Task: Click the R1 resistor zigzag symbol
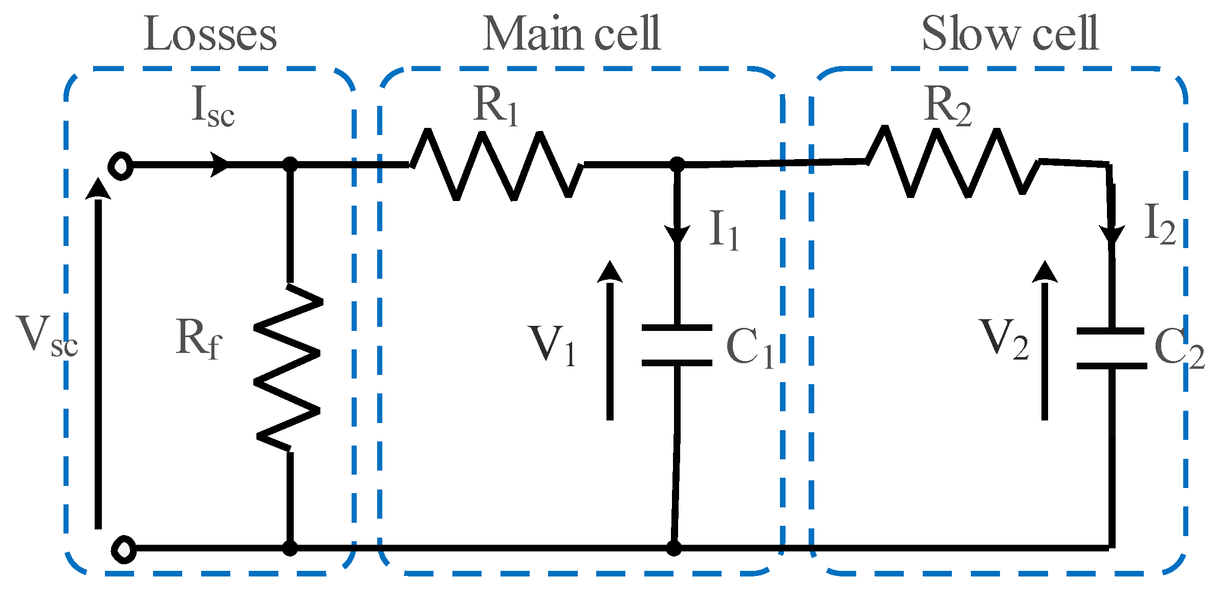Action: tap(496, 165)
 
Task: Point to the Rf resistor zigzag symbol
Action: tap(288, 367)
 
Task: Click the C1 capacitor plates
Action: tap(677, 345)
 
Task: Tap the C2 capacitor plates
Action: tap(1111, 348)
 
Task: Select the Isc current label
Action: tap(212, 106)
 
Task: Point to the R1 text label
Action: tap(495, 105)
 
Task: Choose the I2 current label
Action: tap(1160, 224)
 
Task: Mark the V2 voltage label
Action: tap(1004, 338)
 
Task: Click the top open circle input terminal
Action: tap(121, 166)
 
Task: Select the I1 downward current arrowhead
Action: tap(677, 234)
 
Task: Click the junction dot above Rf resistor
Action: tap(290, 165)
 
